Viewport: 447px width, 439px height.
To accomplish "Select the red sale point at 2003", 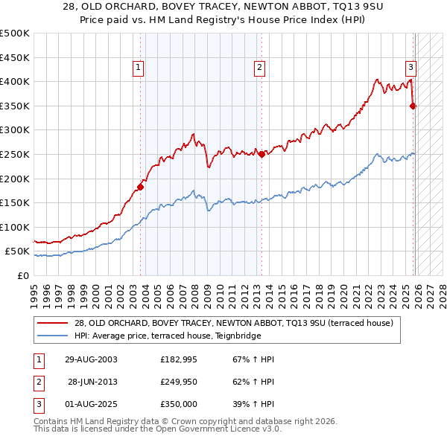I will point(140,187).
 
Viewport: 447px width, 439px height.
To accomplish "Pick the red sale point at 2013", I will point(261,155).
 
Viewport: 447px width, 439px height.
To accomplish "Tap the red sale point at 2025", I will point(413,106).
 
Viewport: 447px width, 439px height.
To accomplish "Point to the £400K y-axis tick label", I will point(15,82).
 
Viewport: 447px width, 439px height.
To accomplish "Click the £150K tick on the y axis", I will point(15,202).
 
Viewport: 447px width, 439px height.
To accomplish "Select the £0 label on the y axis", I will point(22,275).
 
